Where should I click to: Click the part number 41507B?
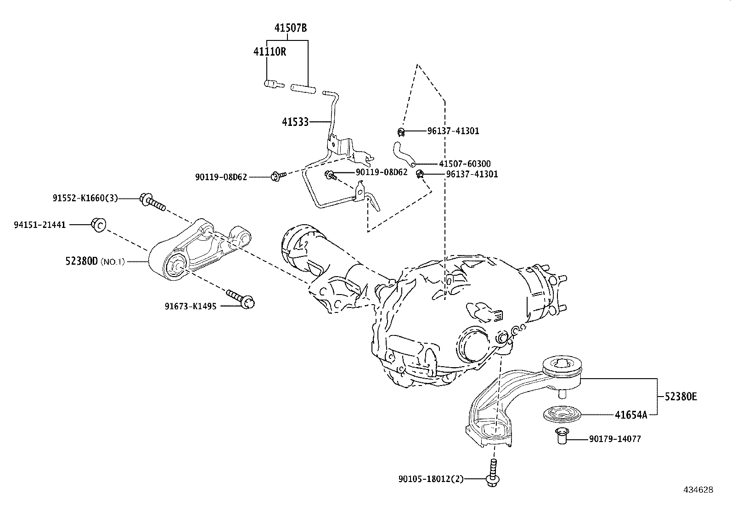click(x=291, y=28)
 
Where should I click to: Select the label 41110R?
click(x=270, y=51)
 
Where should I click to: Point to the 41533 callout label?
click(x=295, y=122)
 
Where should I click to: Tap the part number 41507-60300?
click(x=465, y=164)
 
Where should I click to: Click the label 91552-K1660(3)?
click(x=85, y=199)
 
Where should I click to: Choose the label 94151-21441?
click(x=40, y=225)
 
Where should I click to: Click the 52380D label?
click(x=81, y=262)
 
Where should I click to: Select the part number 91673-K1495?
click(x=191, y=306)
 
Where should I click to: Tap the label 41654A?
click(x=631, y=415)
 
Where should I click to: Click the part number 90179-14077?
click(x=615, y=439)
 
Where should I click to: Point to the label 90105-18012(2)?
click(x=431, y=479)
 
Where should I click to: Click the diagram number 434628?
click(x=698, y=490)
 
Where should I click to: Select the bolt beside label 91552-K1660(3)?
click(x=153, y=202)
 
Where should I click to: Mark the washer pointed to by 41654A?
click(x=562, y=413)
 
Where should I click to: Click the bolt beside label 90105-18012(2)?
click(x=493, y=473)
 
